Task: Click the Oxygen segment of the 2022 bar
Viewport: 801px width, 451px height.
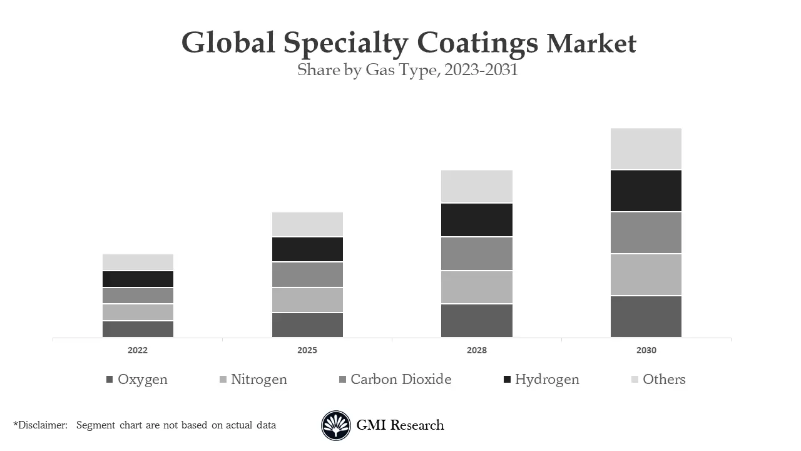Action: coord(138,329)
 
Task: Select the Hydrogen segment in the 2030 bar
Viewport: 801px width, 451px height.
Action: coord(646,190)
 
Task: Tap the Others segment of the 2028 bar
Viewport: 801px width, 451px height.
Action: coord(476,186)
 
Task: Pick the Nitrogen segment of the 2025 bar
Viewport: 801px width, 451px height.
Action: coord(307,299)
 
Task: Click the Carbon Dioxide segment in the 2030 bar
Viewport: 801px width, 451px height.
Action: coord(646,232)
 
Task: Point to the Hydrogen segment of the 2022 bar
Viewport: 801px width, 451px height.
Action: coord(138,279)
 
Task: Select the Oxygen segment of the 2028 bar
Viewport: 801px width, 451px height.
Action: coord(476,320)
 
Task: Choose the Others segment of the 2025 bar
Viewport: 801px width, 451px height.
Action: coord(307,224)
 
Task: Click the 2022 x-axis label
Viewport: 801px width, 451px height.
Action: coord(138,350)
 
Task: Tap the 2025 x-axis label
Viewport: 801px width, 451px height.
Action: coord(307,350)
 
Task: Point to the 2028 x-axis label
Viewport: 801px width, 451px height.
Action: coord(476,350)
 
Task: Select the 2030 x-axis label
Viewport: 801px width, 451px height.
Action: coord(646,350)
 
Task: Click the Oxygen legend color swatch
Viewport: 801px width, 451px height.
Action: coord(110,380)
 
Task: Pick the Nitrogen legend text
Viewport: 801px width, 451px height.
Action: coord(258,379)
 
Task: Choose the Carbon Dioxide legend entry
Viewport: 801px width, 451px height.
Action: coord(400,379)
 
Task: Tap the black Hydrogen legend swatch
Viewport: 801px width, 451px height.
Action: coord(507,380)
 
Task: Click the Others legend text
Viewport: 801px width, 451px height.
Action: coord(664,379)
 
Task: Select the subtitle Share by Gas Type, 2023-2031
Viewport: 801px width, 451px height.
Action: coord(407,70)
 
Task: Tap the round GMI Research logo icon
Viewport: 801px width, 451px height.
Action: coord(336,425)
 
